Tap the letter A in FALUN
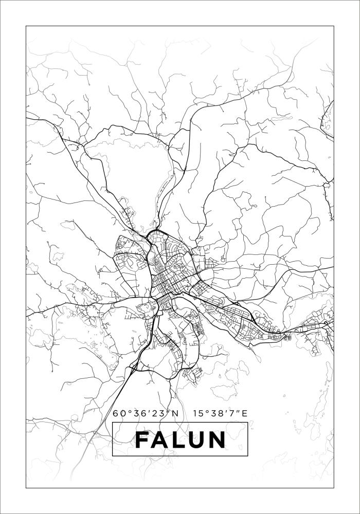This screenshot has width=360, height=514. click(161, 439)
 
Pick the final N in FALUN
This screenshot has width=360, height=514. click(217, 439)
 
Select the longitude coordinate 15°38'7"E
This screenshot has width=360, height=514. click(221, 413)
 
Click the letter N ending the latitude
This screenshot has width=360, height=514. click(175, 413)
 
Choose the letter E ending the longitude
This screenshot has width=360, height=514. click(245, 413)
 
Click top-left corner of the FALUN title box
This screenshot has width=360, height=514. click(112, 422)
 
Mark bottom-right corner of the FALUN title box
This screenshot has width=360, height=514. click(248, 456)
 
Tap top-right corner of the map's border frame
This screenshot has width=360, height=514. click(334, 26)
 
